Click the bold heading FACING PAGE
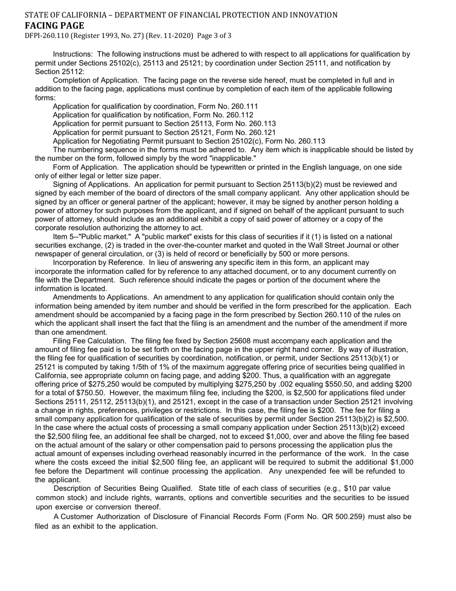[54, 25]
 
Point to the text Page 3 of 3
[214, 36]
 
